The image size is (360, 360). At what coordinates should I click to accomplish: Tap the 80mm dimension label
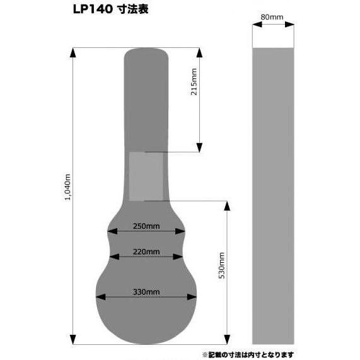[x=272, y=17]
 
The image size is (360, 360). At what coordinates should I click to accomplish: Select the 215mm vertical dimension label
[x=194, y=81]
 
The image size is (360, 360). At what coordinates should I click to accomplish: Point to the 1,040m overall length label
[x=67, y=187]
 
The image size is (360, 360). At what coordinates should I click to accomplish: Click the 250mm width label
[x=146, y=226]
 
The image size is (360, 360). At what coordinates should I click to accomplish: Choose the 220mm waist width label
[x=146, y=252]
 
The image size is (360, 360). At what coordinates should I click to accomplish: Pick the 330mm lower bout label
[x=146, y=292]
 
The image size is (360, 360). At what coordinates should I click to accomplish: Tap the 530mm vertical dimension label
[x=221, y=265]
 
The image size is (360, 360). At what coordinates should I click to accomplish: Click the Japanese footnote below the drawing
[x=248, y=355]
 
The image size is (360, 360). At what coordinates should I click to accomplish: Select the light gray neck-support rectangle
[x=146, y=177]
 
